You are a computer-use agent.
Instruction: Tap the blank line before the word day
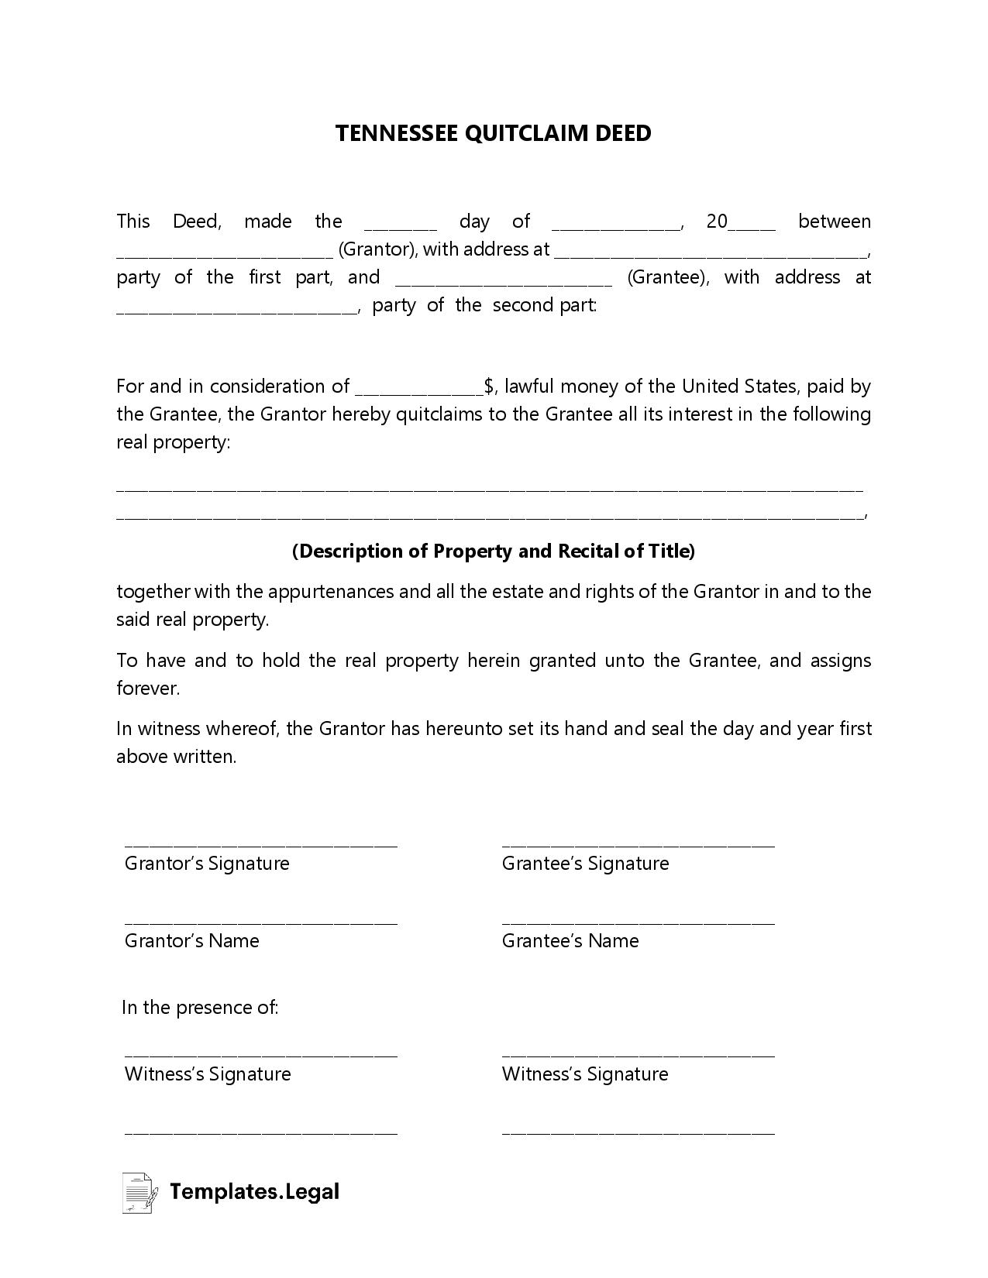click(x=400, y=227)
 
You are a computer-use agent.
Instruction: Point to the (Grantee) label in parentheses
click(x=667, y=277)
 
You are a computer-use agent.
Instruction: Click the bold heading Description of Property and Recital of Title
click(x=494, y=551)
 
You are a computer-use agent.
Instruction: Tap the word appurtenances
click(x=330, y=592)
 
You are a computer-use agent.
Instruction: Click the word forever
click(x=147, y=688)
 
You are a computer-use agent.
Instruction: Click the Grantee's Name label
click(x=570, y=941)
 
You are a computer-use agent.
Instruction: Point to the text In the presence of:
click(x=200, y=1007)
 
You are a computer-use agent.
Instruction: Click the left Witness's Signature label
click(x=208, y=1074)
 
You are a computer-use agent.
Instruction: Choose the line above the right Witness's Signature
click(x=638, y=1055)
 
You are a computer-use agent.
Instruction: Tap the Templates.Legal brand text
click(x=254, y=1191)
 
